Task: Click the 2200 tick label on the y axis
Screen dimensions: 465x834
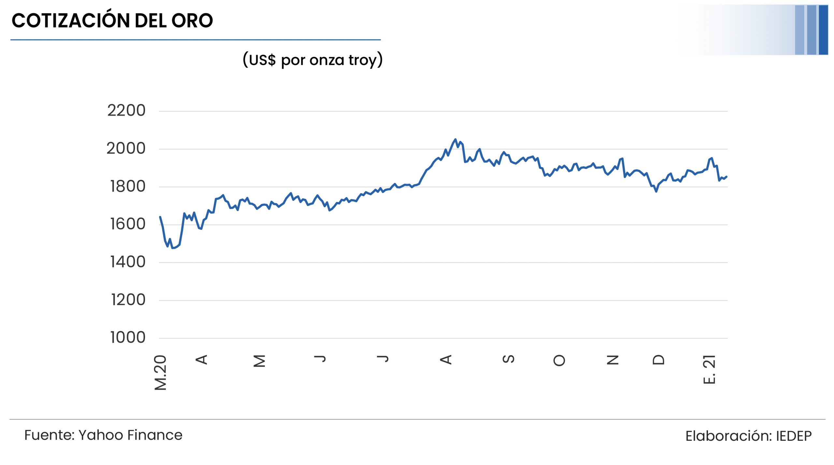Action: pyautogui.click(x=126, y=111)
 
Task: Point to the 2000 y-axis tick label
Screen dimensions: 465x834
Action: pyautogui.click(x=126, y=149)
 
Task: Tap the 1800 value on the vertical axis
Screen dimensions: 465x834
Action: pyautogui.click(x=128, y=187)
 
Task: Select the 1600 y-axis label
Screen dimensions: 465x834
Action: pyautogui.click(x=128, y=224)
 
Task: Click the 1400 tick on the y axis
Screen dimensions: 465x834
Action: pyautogui.click(x=128, y=262)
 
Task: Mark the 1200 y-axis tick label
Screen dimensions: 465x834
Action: pyautogui.click(x=128, y=300)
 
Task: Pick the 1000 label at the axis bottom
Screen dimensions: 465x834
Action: pyautogui.click(x=128, y=337)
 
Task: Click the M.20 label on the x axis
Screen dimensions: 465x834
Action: pyautogui.click(x=160, y=373)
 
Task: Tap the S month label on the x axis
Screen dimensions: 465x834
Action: pyautogui.click(x=509, y=359)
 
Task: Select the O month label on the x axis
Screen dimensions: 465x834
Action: pyautogui.click(x=559, y=360)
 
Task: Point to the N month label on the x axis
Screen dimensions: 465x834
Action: pyautogui.click(x=612, y=360)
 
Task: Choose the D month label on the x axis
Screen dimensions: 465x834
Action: pyautogui.click(x=658, y=359)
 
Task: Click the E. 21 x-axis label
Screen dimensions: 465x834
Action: pyautogui.click(x=709, y=370)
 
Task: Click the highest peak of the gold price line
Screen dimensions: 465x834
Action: pyautogui.click(x=455, y=140)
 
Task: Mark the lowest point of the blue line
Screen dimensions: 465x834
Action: pyautogui.click(x=173, y=248)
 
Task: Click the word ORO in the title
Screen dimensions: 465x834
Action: pyautogui.click(x=192, y=21)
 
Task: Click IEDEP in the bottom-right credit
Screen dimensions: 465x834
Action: pyautogui.click(x=794, y=436)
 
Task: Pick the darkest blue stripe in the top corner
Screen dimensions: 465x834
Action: pyautogui.click(x=823, y=30)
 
